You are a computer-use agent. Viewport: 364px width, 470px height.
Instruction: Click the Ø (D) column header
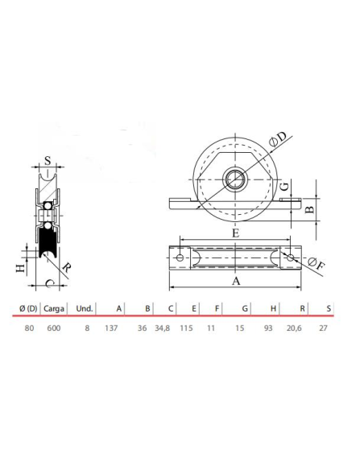click(x=27, y=307)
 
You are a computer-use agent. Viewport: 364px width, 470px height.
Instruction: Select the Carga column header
click(x=55, y=307)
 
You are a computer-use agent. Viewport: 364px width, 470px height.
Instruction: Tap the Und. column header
click(x=85, y=307)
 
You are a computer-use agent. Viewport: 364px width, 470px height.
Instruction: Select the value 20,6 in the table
click(x=298, y=328)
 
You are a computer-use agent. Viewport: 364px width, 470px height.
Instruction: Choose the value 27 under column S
click(x=325, y=328)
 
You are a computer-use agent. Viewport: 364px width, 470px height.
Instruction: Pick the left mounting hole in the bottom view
click(x=180, y=258)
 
